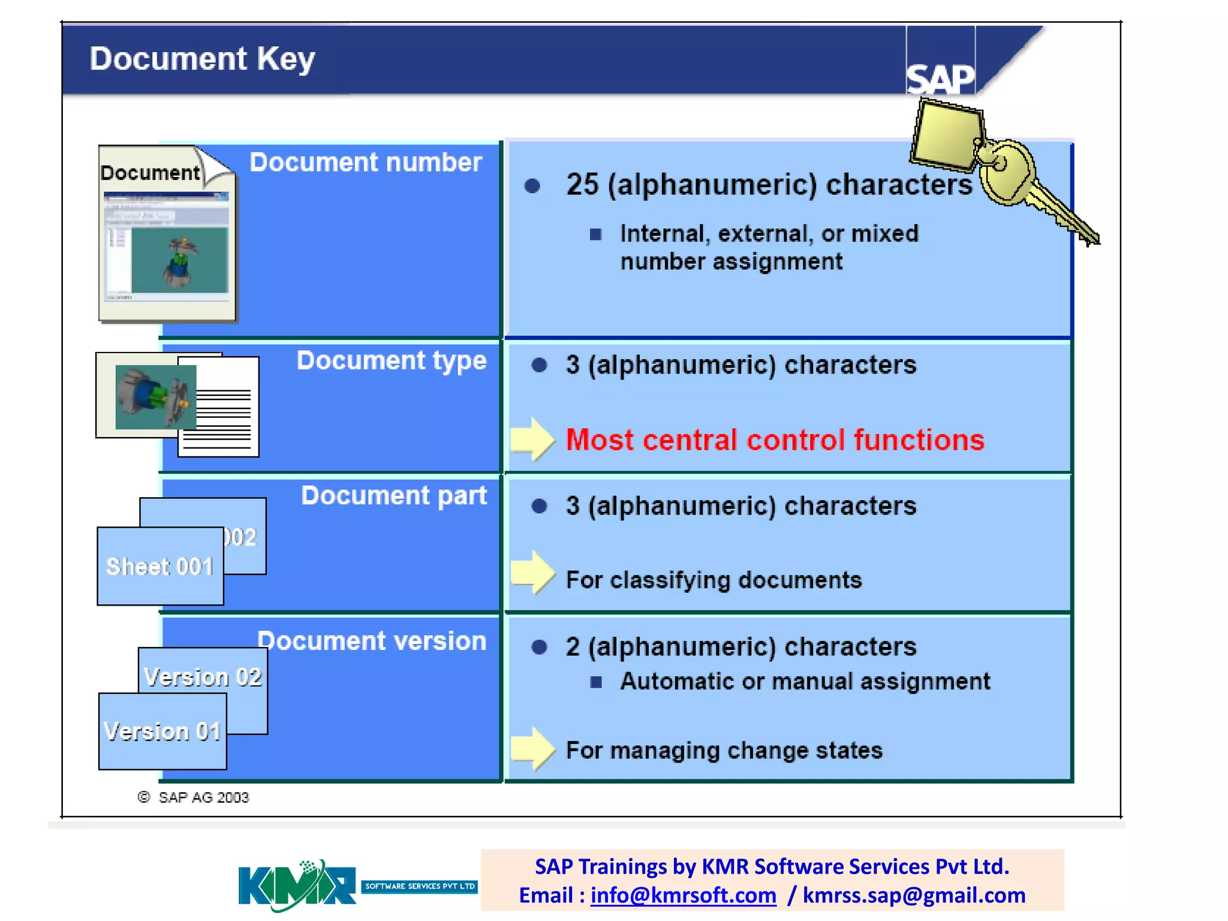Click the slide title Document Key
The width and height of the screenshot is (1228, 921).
[202, 59]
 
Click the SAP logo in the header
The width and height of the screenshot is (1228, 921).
[940, 78]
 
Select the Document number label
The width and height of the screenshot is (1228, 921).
[365, 162]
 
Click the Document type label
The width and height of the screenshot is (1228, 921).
[391, 360]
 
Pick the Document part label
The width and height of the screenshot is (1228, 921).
[393, 496]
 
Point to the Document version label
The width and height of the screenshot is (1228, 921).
[372, 641]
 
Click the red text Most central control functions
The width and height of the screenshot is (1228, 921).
[775, 440]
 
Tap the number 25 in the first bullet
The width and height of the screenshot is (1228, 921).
[582, 184]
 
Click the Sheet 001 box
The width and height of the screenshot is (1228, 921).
[159, 567]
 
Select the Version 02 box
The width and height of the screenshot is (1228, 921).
[203, 676]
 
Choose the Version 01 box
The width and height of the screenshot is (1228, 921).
[162, 732]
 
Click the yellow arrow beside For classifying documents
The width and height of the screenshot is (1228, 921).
[532, 573]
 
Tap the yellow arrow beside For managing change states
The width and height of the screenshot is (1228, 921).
[532, 748]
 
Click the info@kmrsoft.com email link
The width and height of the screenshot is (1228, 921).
[683, 895]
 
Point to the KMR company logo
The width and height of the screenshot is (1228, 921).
[297, 886]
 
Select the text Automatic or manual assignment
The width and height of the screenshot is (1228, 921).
[805, 682]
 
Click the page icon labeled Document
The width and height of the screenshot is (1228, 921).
[167, 234]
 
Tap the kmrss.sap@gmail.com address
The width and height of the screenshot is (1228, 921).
[914, 895]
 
